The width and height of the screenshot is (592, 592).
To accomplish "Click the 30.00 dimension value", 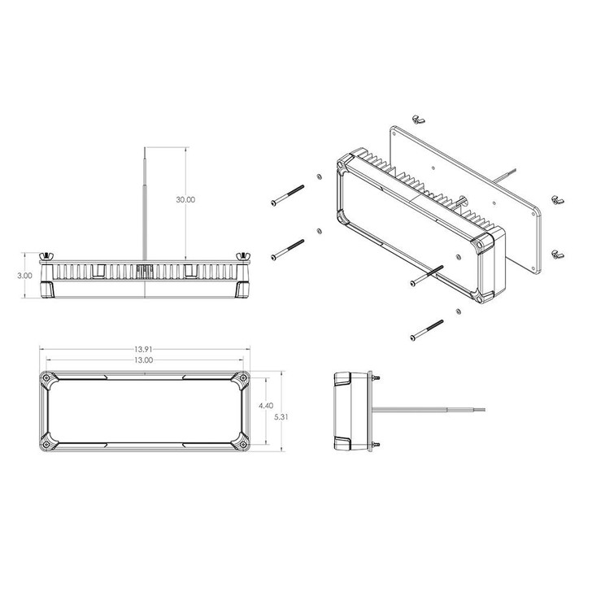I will coord(186,200).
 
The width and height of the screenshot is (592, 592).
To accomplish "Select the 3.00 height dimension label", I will coord(24,275).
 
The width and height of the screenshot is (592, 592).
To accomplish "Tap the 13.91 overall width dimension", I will coord(145,350).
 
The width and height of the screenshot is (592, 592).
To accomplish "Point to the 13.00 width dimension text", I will coord(143,360).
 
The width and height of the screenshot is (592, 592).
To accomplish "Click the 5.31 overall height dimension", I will coord(281,415).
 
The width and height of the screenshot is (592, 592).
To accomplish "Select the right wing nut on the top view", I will coord(242,257).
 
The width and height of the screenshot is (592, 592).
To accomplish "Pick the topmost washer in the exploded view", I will coord(317,178).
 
